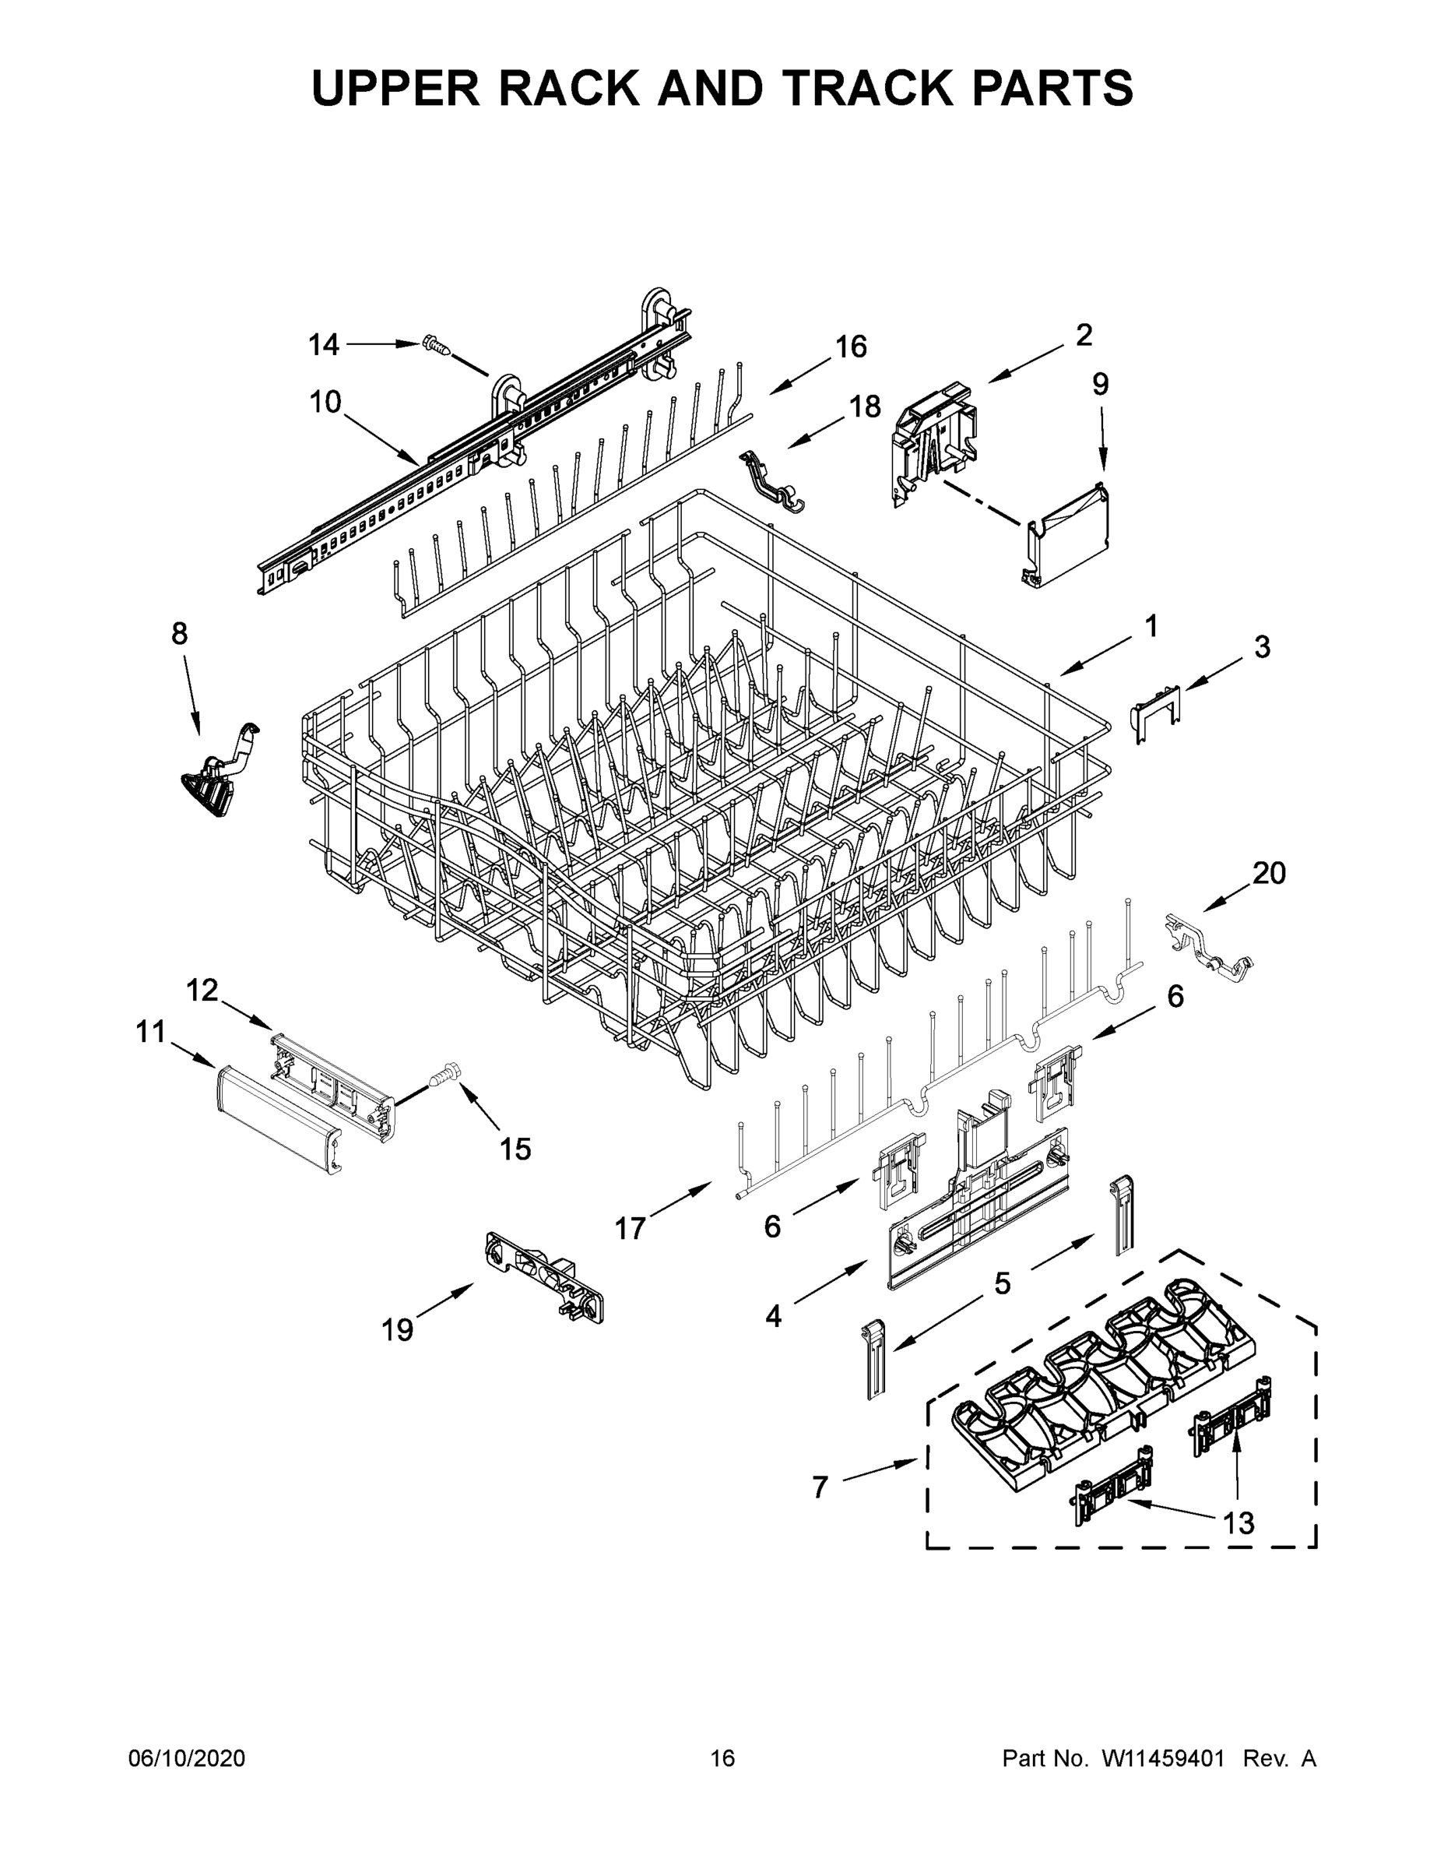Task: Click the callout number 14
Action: point(323,345)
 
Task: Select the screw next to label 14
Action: point(436,346)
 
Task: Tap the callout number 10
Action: point(325,401)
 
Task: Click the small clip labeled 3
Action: point(1156,711)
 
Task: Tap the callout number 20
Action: point(1269,873)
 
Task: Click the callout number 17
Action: point(630,1229)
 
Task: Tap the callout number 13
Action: point(1238,1522)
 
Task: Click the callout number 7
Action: point(820,1487)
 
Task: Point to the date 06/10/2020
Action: point(187,1758)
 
